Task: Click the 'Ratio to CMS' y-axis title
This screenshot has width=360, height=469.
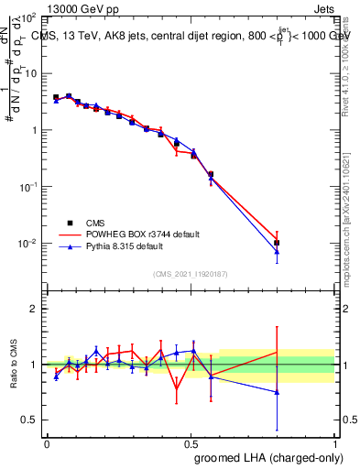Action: coord(14,365)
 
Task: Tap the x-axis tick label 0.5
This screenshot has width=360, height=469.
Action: coord(191,442)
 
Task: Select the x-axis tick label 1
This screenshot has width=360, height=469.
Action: coord(334,442)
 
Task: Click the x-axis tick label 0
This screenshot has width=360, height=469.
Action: coord(47,442)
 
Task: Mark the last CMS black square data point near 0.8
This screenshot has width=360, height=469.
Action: coord(277,243)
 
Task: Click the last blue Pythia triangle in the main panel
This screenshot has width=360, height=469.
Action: coord(277,251)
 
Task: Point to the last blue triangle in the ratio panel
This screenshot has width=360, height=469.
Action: coord(277,392)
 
